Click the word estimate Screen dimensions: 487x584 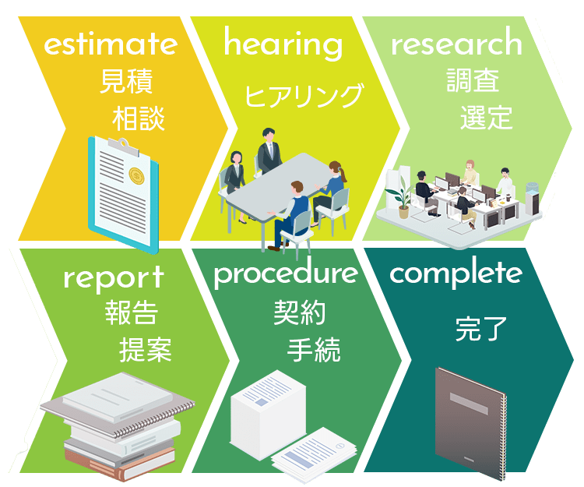110,44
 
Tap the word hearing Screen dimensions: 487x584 283,44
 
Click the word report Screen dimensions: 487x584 114,277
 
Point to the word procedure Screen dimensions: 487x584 286,274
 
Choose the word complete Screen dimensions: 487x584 456,273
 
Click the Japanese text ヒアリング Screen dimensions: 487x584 304,96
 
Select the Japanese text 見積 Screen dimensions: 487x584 126,82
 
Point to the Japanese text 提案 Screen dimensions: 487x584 145,350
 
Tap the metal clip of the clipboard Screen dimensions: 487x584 118,144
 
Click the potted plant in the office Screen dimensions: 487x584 403,195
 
